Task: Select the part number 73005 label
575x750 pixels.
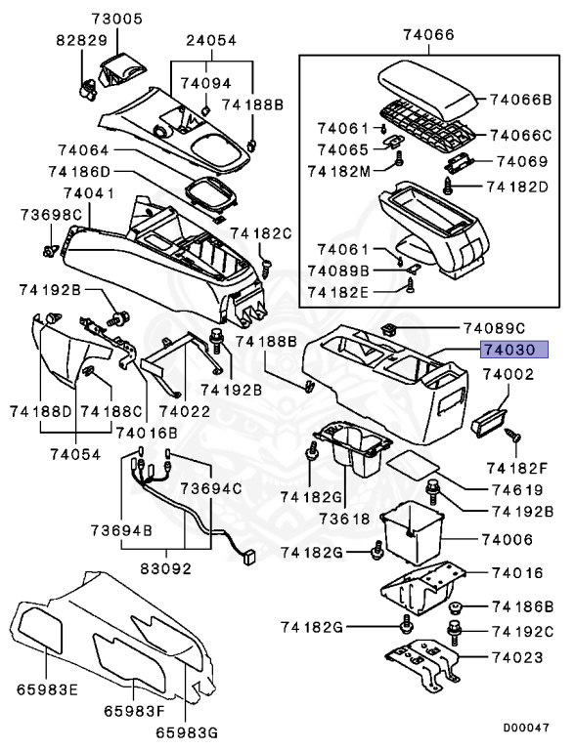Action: (x=116, y=19)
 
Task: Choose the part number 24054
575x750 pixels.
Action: (x=212, y=40)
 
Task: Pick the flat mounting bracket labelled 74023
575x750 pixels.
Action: (x=420, y=663)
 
